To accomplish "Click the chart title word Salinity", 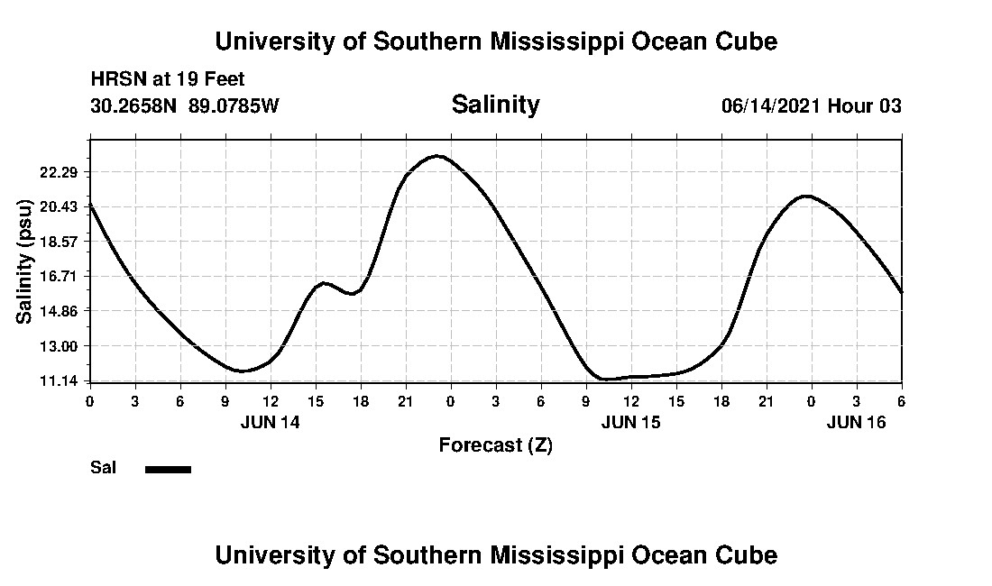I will [495, 105].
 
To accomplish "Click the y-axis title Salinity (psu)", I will [24, 261].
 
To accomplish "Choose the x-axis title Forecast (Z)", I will [495, 444].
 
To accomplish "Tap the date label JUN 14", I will [270, 421].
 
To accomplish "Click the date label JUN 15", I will [630, 421].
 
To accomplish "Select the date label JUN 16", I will [857, 421].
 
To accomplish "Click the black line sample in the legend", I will [169, 469].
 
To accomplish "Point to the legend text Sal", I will [102, 468].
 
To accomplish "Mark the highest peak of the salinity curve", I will [437, 156].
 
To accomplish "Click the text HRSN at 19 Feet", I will [168, 80].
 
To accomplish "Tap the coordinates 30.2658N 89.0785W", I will [185, 105].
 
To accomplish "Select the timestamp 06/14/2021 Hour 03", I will [811, 105].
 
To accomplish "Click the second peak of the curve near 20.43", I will [806, 196].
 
